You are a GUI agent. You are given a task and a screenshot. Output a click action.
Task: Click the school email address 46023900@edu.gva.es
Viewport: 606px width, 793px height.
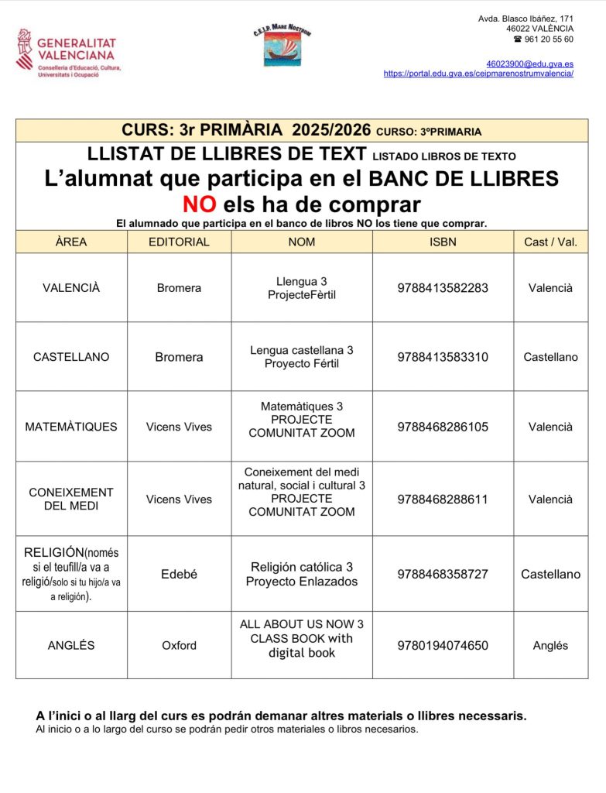tap(529, 64)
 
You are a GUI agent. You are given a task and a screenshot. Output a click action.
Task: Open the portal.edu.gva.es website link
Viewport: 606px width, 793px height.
tap(478, 74)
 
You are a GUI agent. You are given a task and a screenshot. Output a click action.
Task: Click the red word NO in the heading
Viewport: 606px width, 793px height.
tap(199, 204)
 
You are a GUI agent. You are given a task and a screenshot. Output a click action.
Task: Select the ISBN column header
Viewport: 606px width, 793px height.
tap(443, 242)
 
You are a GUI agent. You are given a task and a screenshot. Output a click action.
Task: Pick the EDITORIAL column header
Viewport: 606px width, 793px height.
tap(179, 242)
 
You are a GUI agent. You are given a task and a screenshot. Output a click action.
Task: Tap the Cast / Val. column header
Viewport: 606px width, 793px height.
tap(550, 242)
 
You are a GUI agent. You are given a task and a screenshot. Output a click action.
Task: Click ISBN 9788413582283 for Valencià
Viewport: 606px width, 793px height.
tap(443, 288)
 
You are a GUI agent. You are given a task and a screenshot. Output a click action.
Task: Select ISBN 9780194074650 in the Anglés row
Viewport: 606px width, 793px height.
tap(443, 645)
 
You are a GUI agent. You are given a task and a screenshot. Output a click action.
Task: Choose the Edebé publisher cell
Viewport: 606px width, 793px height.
tap(179, 575)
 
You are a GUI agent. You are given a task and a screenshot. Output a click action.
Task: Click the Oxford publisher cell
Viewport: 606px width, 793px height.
tap(179, 645)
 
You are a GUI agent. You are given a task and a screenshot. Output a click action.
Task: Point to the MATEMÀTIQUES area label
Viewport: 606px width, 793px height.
tap(71, 427)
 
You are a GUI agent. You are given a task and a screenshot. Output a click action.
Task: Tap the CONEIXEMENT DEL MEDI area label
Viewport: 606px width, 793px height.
tap(71, 499)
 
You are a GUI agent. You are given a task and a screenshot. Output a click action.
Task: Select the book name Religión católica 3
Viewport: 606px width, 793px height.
tap(302, 567)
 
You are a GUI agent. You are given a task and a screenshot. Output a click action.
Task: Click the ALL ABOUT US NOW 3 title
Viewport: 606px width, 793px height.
tap(302, 624)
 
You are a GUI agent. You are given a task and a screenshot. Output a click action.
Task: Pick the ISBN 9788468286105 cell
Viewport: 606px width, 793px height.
tap(443, 427)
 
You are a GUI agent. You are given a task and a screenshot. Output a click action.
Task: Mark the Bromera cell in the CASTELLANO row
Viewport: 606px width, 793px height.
tap(179, 357)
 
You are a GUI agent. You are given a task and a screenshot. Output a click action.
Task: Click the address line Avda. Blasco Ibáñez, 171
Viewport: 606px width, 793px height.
tap(526, 18)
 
